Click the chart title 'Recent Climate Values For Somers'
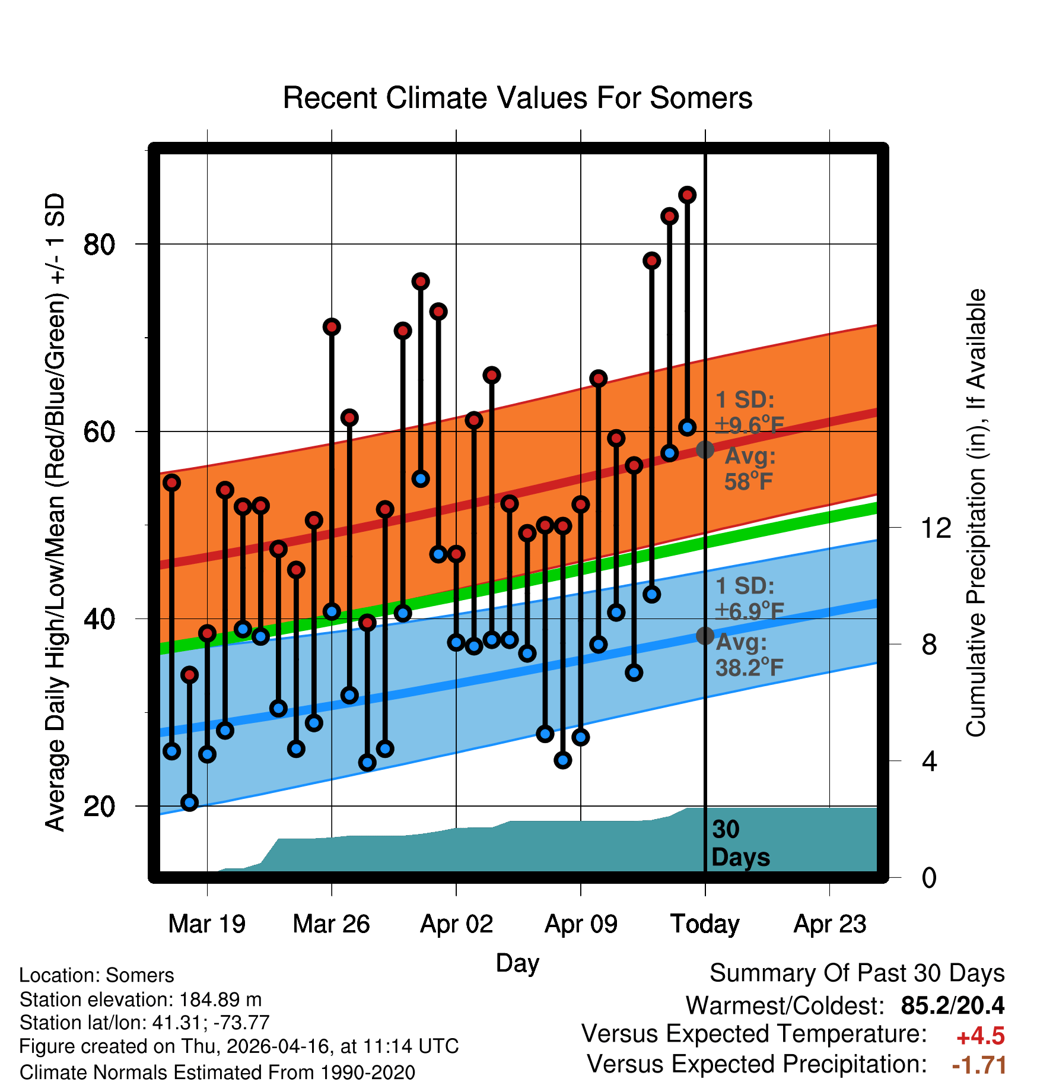[517, 98]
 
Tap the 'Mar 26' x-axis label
[331, 924]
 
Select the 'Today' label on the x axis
[705, 924]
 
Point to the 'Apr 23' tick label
[830, 924]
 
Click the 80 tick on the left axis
[99, 244]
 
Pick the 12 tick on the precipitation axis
[936, 528]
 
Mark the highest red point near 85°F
[688, 195]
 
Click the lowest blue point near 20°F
[189, 802]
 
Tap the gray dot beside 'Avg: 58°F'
[705, 449]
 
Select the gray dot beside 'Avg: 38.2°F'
[705, 636]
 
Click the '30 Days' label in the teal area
[740, 843]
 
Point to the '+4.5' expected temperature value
[981, 1036]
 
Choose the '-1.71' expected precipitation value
[979, 1065]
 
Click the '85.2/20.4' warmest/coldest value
[953, 1005]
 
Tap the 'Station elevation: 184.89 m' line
[141, 1000]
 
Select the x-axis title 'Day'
[517, 963]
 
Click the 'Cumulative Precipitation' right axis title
[975, 513]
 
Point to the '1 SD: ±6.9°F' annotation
[750, 598]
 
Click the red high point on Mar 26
[332, 326]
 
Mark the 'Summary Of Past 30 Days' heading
[857, 973]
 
